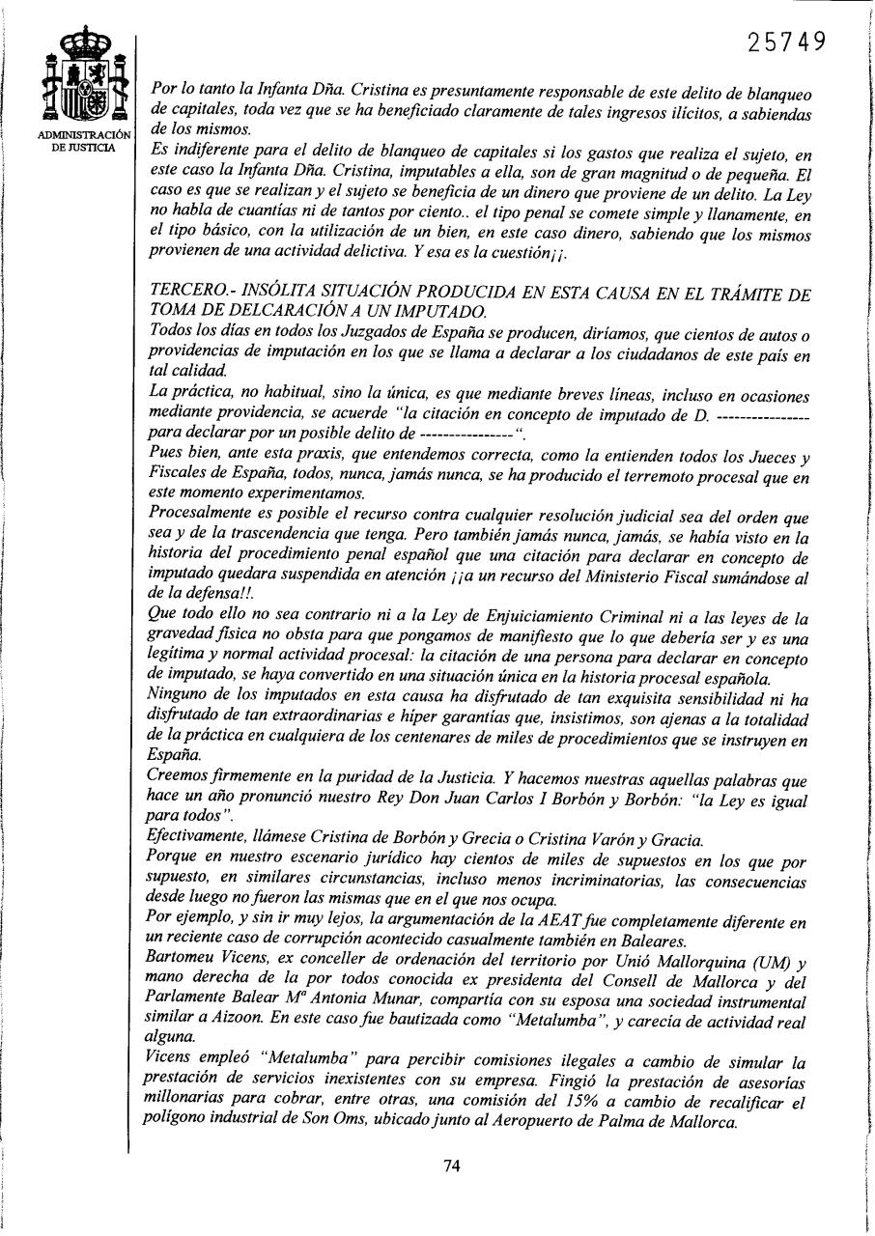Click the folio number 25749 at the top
click(x=788, y=42)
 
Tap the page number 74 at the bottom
click(x=451, y=1166)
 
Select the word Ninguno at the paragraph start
click(x=181, y=698)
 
